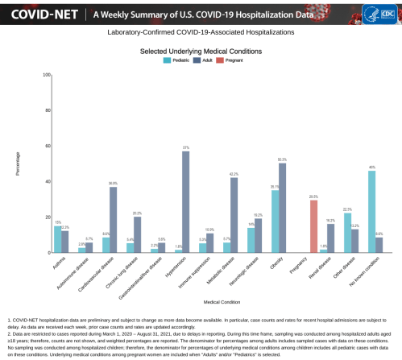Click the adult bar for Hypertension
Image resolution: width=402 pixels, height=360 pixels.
[x=186, y=202]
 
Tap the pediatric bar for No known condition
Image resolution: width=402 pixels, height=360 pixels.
[x=371, y=212]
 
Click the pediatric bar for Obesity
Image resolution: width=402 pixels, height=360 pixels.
[x=275, y=221]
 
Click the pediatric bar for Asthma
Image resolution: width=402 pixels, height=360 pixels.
[x=57, y=239]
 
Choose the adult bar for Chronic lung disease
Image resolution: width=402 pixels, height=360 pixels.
[x=138, y=234]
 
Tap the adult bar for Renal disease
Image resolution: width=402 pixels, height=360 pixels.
[x=330, y=238]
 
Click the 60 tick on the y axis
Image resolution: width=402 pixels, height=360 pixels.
[x=48, y=147]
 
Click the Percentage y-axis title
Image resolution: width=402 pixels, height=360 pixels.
[x=18, y=164]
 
